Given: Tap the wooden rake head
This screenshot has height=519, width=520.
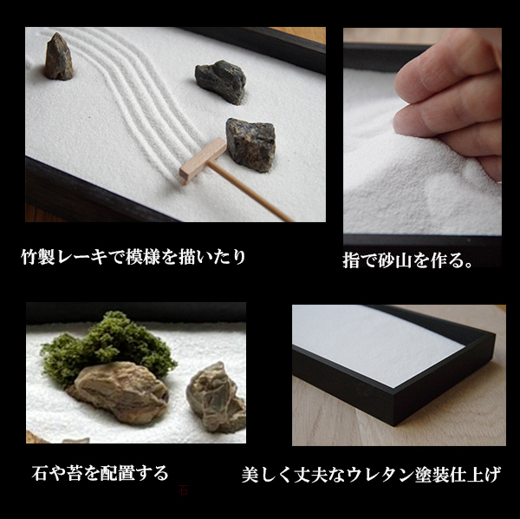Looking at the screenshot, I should pyautogui.click(x=202, y=161).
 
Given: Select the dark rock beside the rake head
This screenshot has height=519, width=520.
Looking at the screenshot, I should pyautogui.click(x=250, y=142).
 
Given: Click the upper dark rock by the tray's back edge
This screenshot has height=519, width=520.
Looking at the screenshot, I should pyautogui.click(x=220, y=81).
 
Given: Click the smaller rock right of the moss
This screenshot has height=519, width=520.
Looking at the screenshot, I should pyautogui.click(x=216, y=396).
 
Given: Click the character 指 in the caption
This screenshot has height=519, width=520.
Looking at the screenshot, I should pyautogui.click(x=351, y=260).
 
